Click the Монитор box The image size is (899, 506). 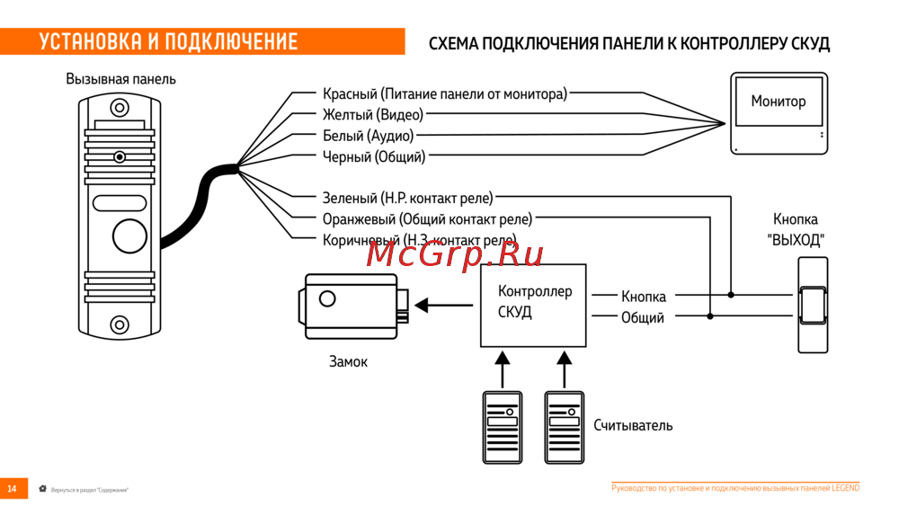(x=779, y=114)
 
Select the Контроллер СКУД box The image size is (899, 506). (x=533, y=305)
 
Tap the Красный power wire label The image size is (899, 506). (x=445, y=93)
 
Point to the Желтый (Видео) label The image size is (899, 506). (x=373, y=115)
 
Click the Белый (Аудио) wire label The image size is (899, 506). (x=369, y=136)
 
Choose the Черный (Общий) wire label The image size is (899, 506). (x=374, y=157)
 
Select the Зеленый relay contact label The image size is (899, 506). (x=407, y=198)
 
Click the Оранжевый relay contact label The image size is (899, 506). (x=427, y=219)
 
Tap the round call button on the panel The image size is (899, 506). (x=129, y=235)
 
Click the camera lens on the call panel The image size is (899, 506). (x=120, y=157)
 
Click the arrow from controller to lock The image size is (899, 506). (x=444, y=306)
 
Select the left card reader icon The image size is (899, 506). (x=503, y=427)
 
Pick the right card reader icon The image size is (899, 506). (x=564, y=427)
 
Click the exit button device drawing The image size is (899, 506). (x=812, y=305)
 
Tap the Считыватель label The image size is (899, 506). (x=633, y=425)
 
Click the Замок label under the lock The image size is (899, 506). (x=348, y=361)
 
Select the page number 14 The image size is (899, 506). (x=13, y=489)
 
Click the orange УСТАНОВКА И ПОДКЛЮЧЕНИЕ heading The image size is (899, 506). (x=168, y=41)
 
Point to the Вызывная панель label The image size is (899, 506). (x=121, y=79)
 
